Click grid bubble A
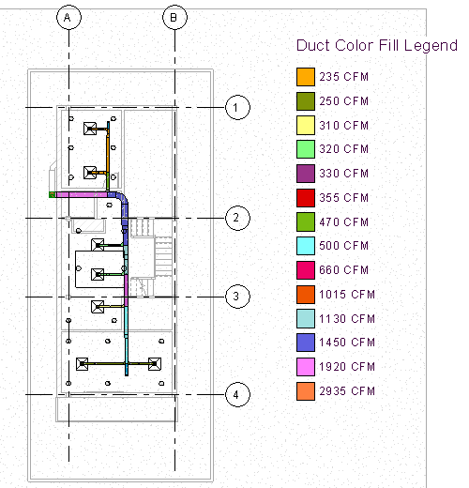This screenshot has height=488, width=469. (x=68, y=18)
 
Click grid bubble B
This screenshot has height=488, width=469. (x=174, y=18)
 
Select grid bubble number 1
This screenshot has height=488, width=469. (x=237, y=107)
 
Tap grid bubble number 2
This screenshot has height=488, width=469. (x=237, y=218)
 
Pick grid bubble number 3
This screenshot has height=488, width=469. (x=237, y=297)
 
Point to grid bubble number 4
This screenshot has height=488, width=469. (x=237, y=394)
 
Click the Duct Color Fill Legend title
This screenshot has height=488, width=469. (x=377, y=46)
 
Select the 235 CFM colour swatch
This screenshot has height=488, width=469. (x=306, y=77)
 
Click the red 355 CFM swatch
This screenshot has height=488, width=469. (x=306, y=198)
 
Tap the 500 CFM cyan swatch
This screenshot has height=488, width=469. (x=306, y=246)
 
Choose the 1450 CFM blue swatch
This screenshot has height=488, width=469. (x=306, y=343)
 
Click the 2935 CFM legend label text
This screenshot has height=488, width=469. (x=347, y=391)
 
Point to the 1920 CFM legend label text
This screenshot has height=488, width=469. (x=347, y=367)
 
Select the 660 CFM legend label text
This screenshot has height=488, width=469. (x=344, y=270)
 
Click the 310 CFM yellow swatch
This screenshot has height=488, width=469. (x=306, y=125)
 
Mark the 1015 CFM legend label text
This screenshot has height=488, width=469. (x=347, y=295)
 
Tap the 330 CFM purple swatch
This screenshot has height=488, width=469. (x=306, y=174)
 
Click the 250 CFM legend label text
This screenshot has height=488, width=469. (x=344, y=101)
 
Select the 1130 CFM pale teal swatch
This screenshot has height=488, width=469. (x=306, y=318)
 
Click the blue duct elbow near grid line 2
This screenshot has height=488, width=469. (x=123, y=198)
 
